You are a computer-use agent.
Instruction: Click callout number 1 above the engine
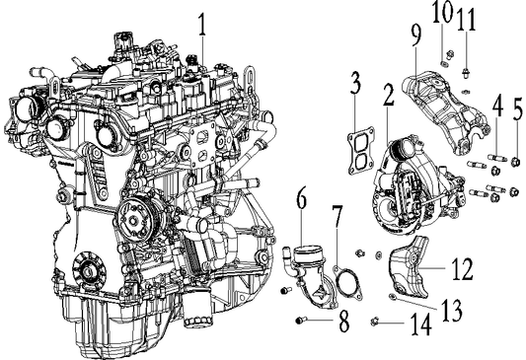(201, 21)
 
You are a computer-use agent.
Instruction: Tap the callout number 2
(389, 96)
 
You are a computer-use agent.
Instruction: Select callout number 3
(352, 94)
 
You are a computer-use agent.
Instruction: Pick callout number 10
(441, 13)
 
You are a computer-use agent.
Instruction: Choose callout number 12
(463, 266)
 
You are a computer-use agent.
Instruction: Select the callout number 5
(517, 107)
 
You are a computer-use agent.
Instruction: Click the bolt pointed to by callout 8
(300, 321)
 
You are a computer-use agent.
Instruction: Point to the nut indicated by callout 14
(376, 321)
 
